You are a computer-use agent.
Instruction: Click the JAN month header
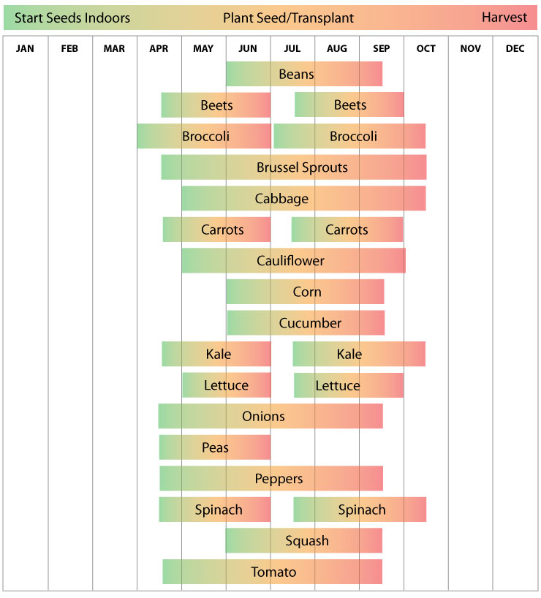pos(25,49)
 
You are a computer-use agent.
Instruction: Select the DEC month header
pos(515,49)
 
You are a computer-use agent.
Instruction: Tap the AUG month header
pos(337,49)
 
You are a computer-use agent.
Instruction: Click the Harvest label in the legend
pos(504,18)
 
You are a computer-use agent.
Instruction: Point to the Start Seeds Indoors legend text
pos(72,18)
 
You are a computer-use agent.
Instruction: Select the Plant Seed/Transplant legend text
pos(288,18)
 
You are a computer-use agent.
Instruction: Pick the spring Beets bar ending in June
pos(216,105)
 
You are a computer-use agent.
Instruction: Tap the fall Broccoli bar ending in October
pos(349,137)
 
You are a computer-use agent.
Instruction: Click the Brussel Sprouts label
pos(302,167)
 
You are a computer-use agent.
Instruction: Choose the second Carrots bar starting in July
pos(347,230)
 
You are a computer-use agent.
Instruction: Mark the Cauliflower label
pos(290,261)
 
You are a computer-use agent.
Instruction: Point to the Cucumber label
pos(310,323)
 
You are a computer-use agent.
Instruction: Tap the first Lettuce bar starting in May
pos(226,385)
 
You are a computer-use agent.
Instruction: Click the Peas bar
pos(215,447)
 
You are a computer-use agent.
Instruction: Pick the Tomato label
pos(273,572)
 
